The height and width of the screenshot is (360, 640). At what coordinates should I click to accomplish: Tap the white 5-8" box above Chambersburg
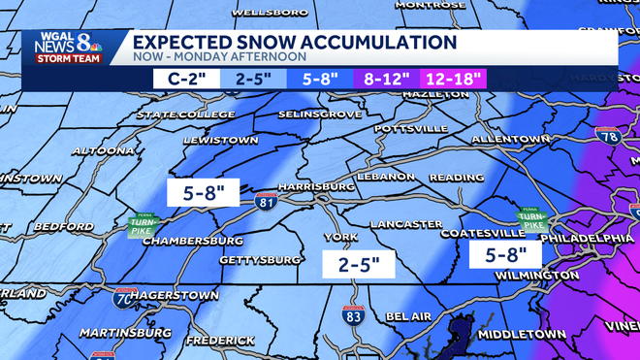click(203, 191)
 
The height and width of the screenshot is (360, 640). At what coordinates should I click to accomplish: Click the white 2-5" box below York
click(359, 263)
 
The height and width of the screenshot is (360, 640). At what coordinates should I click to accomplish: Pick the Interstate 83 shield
click(353, 314)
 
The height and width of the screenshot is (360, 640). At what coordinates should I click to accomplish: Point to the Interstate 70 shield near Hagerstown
click(124, 298)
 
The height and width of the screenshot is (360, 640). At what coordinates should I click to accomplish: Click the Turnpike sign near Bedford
click(142, 227)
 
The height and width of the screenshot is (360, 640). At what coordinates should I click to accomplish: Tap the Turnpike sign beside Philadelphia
click(530, 219)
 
